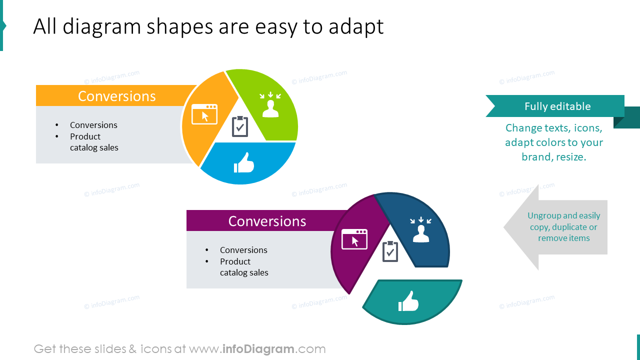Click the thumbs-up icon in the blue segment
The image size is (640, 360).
(244, 163)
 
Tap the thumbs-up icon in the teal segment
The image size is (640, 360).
(408, 301)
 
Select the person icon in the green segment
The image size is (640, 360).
(270, 105)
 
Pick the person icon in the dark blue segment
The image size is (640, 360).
(421, 230)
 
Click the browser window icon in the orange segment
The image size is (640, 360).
(204, 114)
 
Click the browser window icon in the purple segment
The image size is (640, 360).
(354, 239)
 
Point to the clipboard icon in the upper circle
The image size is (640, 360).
(240, 126)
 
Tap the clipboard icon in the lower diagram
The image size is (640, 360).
(390, 251)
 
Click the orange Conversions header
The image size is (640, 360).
(116, 96)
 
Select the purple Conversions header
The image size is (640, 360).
(267, 221)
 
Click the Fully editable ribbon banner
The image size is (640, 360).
(557, 106)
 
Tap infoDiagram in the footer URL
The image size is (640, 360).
(258, 349)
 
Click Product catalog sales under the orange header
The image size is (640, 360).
(94, 142)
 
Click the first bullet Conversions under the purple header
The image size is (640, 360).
(243, 250)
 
